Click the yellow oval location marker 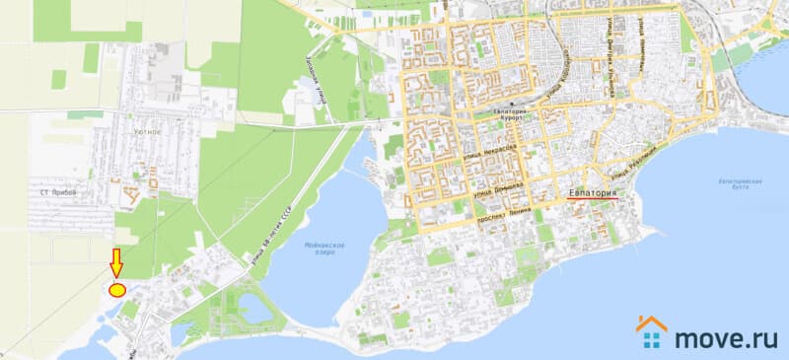[x=116, y=290]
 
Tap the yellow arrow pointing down [x=116, y=263]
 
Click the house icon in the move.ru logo [x=652, y=333]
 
